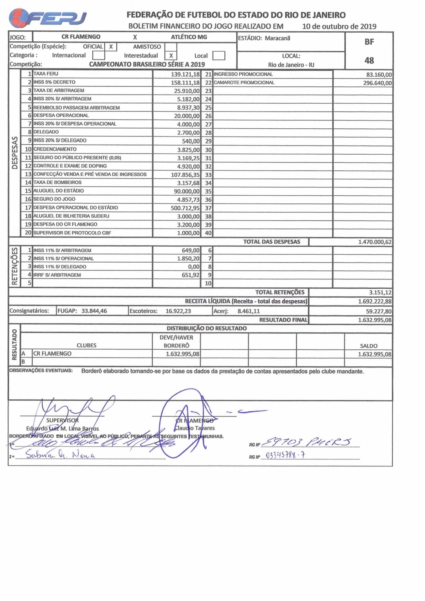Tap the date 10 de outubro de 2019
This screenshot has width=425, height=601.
(x=339, y=26)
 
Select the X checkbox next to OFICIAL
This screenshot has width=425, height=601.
(x=111, y=47)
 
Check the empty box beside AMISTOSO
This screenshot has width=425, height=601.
(x=171, y=47)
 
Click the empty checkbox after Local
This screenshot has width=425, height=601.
(x=218, y=56)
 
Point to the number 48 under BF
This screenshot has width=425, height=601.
(x=369, y=60)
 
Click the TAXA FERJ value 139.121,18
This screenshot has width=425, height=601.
(x=185, y=74)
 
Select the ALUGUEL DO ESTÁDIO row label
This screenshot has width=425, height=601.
(x=59, y=191)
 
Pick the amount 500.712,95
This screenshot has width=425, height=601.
(x=185, y=208)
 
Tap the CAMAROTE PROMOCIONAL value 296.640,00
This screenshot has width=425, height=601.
(x=377, y=83)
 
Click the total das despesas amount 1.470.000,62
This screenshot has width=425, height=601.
(x=375, y=242)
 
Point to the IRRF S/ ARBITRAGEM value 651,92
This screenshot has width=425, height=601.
(x=191, y=275)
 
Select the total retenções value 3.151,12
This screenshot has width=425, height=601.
(x=380, y=292)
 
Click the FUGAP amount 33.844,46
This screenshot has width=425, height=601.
(x=94, y=311)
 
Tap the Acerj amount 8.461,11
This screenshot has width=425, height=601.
(x=249, y=311)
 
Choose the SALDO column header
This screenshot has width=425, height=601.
(x=369, y=346)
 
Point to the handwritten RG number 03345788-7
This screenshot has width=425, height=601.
(x=285, y=455)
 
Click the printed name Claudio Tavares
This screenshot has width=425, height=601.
(x=194, y=428)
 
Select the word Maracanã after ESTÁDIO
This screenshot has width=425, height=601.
(x=277, y=38)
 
